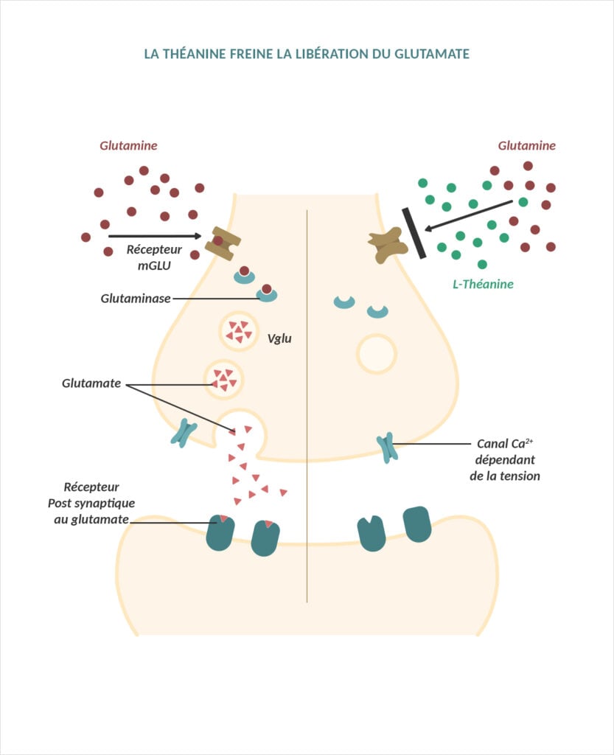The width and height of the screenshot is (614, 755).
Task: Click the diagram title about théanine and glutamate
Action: click(x=307, y=54)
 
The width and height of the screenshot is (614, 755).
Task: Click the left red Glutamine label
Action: click(x=128, y=145)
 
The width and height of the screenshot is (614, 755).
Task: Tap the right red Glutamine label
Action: click(x=526, y=145)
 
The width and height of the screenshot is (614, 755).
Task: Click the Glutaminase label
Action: click(x=136, y=299)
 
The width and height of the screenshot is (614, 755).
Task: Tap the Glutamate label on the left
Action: click(x=91, y=383)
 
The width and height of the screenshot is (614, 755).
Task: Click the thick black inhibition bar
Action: click(x=414, y=233)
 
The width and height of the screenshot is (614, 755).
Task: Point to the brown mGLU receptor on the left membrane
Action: click(x=223, y=243)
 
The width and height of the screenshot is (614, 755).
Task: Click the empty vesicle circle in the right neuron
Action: click(x=377, y=353)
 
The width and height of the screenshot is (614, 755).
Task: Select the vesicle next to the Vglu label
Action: click(x=239, y=331)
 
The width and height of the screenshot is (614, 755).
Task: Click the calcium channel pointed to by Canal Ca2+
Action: click(x=387, y=448)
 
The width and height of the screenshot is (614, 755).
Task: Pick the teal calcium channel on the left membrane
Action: click(x=184, y=434)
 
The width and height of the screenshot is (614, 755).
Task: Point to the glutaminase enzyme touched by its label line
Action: click(x=267, y=294)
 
